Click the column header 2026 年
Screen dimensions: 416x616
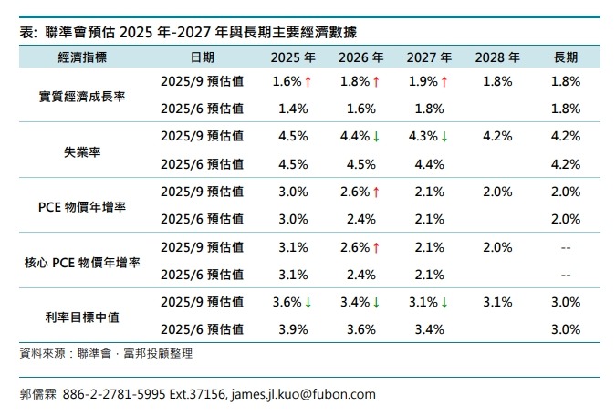[358, 57]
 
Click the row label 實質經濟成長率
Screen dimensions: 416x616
[82, 96]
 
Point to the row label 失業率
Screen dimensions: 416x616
[82, 151]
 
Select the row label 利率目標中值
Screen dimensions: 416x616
[82, 315]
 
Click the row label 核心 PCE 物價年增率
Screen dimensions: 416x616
[82, 261]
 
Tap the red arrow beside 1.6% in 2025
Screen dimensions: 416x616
[308, 82]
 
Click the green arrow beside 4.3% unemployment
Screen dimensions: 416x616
[444, 137]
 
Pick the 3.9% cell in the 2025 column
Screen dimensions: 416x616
[287, 328]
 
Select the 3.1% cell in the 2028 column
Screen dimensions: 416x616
[496, 301]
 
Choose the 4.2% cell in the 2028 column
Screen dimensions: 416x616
[496, 137]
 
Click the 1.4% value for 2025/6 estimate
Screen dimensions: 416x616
[287, 109]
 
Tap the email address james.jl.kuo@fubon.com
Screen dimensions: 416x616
[304, 394]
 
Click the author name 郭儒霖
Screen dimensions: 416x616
[38, 394]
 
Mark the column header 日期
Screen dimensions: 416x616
[203, 57]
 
